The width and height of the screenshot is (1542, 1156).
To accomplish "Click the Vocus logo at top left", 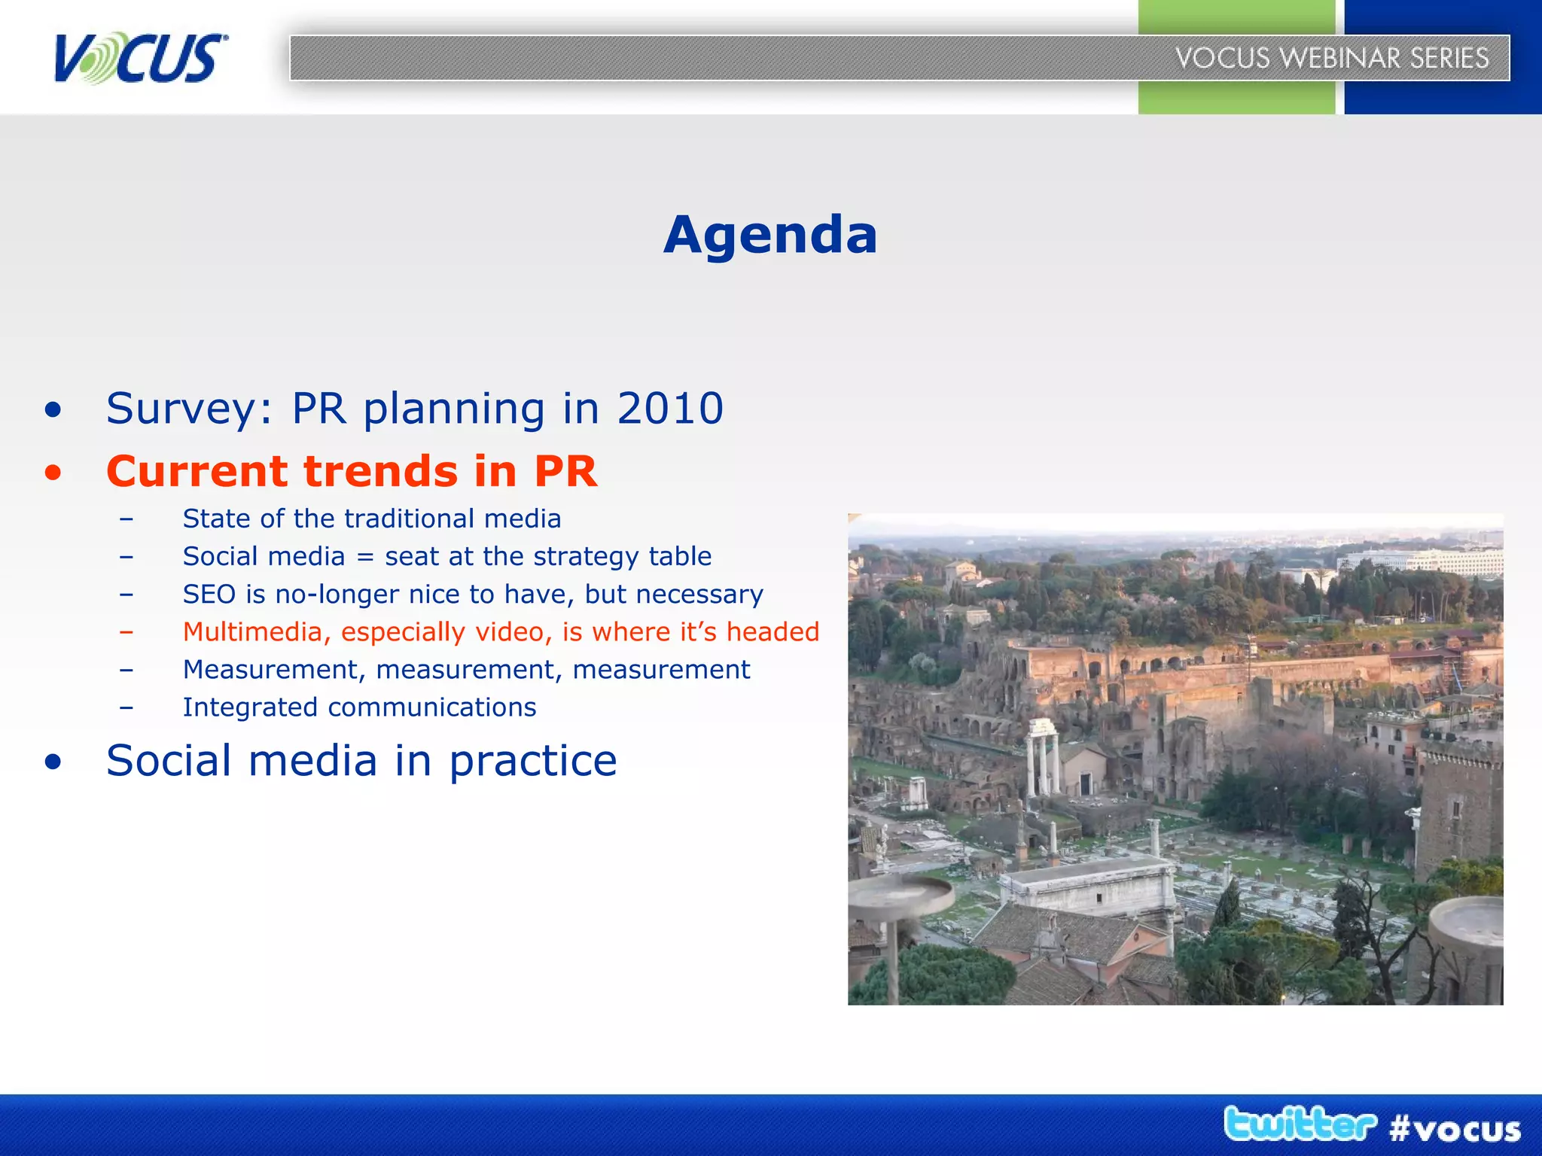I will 140,58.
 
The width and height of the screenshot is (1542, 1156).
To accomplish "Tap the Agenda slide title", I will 770,235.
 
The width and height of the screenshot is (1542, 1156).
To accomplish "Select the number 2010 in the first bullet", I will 670,409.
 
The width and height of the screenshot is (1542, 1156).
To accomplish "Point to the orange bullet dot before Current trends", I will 53,473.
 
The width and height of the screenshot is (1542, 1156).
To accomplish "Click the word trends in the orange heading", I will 380,472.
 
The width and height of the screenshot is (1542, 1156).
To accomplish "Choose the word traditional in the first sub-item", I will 410,519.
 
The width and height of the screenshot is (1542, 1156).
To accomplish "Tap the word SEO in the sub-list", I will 209,595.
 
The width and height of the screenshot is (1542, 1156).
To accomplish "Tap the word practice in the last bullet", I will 532,762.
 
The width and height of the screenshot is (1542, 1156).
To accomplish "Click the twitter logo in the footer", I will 1300,1124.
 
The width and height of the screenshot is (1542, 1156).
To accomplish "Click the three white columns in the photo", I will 1043,756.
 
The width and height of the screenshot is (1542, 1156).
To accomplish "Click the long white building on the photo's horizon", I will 1423,561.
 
